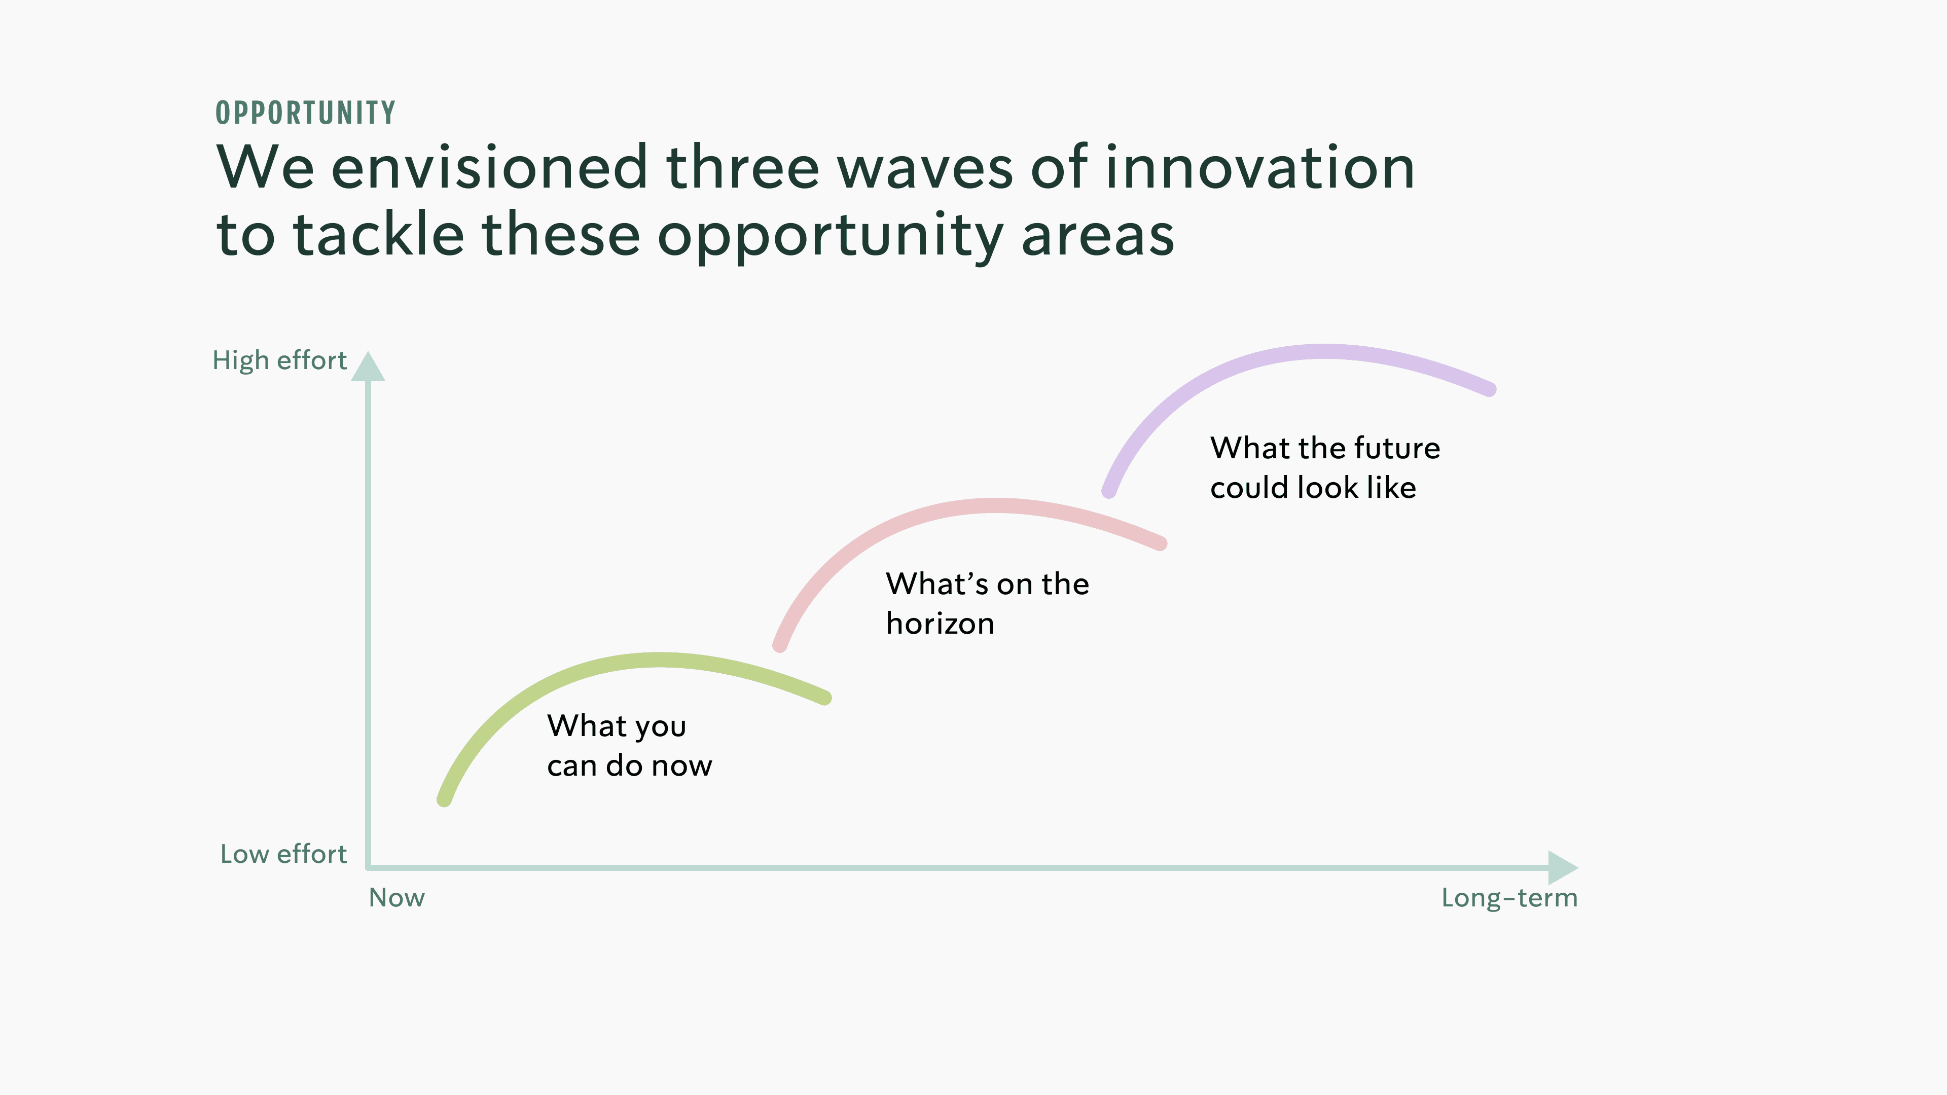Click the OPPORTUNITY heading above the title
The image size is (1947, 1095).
click(305, 113)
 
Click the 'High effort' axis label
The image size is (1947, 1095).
click(280, 360)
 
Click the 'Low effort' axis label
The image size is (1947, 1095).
click(283, 854)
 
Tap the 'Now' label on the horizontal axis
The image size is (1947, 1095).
click(397, 898)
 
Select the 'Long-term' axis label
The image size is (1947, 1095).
click(1509, 898)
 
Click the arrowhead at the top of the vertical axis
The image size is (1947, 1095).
click(368, 367)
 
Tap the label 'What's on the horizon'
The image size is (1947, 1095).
click(987, 604)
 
